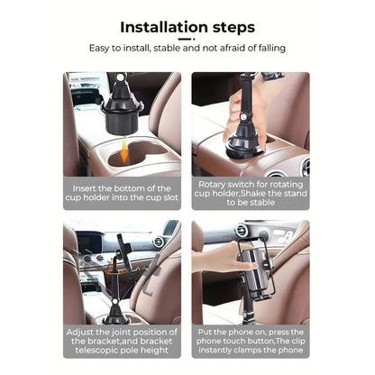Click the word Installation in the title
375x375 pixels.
point(160,28)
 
